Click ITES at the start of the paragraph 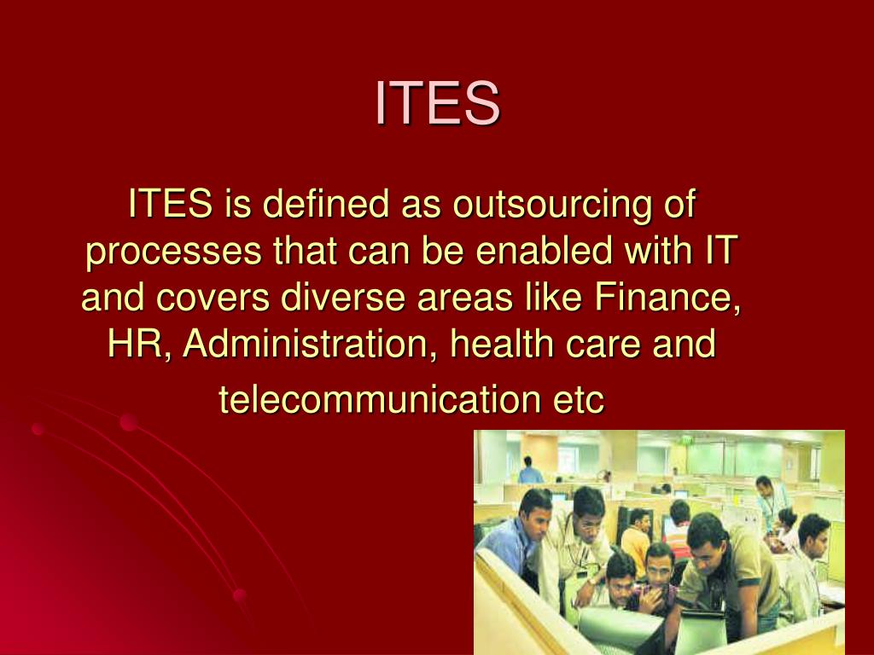tap(170, 205)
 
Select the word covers tap(217, 299)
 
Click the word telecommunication tap(376, 399)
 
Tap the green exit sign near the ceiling tap(685, 440)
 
